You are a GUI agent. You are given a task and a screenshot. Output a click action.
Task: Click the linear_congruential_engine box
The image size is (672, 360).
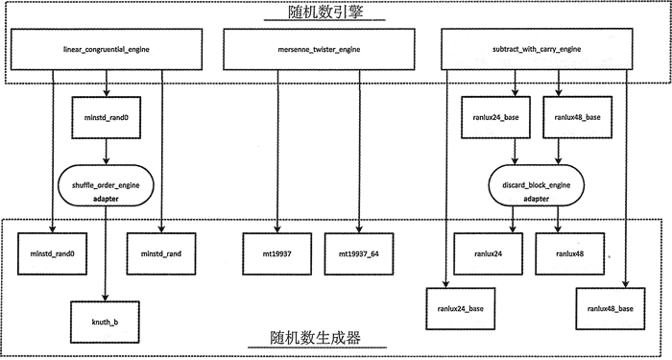pos(107,47)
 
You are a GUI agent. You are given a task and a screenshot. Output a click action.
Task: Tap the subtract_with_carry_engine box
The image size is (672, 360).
pos(545,47)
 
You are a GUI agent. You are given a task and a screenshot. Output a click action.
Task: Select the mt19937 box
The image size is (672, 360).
pos(277,254)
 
